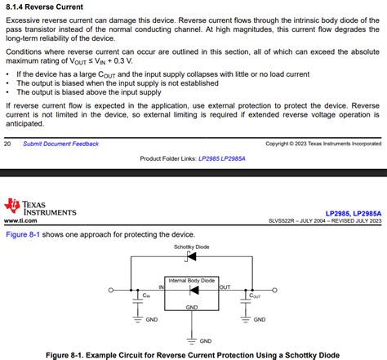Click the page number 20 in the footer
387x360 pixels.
coord(7,144)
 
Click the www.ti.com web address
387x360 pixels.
coord(24,220)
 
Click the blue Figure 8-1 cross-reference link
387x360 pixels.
coord(25,233)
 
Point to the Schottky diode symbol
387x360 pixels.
coord(190,256)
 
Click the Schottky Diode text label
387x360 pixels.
coord(191,246)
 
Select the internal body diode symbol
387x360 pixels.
coord(191,291)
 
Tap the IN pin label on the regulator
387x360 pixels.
coord(162,287)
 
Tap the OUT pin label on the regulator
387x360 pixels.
coord(225,287)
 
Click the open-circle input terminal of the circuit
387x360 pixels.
coord(113,288)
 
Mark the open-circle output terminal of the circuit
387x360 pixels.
coord(272,288)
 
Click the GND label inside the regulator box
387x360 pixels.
coord(191,307)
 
